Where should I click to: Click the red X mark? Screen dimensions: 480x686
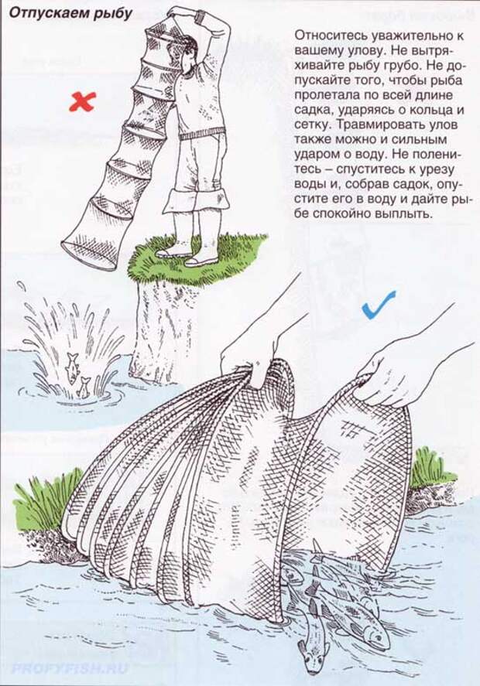pos(82,102)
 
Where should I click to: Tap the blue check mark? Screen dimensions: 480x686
pos(379,305)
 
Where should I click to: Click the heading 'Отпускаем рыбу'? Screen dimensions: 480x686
pos(70,14)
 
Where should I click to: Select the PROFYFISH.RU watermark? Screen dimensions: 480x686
pos(70,668)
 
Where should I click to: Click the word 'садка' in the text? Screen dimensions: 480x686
pos(312,109)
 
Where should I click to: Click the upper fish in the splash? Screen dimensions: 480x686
pos(72,367)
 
